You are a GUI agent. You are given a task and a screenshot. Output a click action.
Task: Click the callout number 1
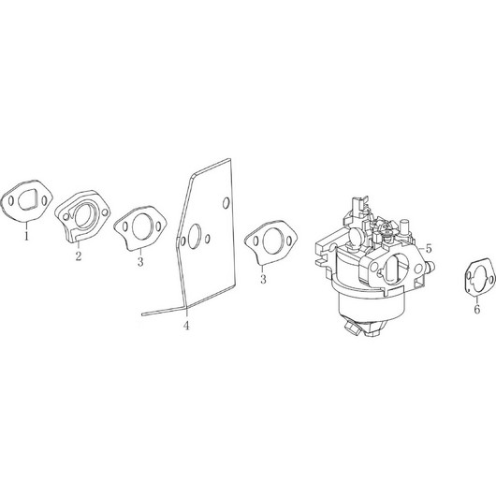tap(26, 236)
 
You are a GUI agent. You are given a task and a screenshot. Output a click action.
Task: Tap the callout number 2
tap(78, 255)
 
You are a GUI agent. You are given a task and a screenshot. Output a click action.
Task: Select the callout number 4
tap(186, 325)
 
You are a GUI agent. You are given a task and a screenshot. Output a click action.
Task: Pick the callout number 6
tap(476, 309)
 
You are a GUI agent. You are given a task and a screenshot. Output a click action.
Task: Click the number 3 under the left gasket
tap(140, 262)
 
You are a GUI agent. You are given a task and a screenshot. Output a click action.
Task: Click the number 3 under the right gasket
tap(263, 279)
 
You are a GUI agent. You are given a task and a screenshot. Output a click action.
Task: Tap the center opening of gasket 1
tap(27, 200)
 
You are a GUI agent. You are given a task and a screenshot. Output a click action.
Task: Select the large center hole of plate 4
tap(194, 237)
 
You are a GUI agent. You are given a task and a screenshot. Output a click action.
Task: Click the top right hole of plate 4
tap(226, 203)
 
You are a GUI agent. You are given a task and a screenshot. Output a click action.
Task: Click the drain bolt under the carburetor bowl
tap(354, 326)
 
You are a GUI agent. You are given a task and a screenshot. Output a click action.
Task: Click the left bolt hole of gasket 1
tap(11, 201)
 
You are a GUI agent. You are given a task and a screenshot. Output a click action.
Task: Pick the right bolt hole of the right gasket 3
tap(289, 241)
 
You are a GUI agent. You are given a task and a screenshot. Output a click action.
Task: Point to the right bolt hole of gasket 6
tap(491, 280)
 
